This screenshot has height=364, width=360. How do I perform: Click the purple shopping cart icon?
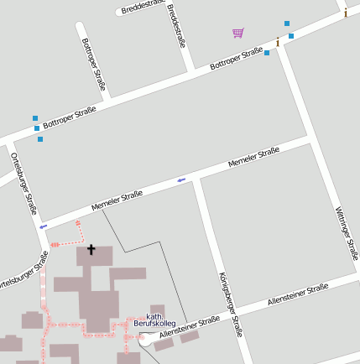(238, 33)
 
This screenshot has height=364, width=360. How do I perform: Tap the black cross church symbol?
(91, 249)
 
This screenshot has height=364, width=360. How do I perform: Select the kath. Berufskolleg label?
(153, 320)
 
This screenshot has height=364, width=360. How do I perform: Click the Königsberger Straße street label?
(229, 304)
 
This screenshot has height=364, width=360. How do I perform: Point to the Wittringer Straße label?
(346, 232)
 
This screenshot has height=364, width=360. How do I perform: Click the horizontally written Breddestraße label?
(142, 7)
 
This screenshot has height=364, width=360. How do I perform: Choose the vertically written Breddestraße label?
(176, 25)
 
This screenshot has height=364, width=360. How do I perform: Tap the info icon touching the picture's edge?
(345, 12)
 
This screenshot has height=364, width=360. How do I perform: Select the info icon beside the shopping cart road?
(278, 41)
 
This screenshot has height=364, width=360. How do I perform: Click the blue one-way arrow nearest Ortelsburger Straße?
(43, 226)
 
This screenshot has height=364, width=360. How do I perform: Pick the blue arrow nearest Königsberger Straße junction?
(181, 179)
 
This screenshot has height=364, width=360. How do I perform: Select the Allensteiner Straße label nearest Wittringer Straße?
(297, 294)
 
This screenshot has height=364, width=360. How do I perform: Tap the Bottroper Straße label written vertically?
(94, 64)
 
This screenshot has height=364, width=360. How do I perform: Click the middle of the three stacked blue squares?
(37, 128)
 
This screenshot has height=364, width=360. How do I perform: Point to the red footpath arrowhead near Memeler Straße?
(78, 223)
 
